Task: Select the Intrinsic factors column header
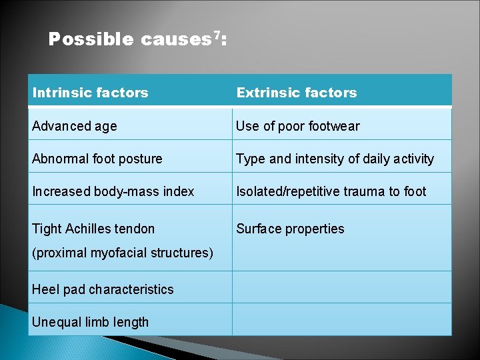tap(91, 93)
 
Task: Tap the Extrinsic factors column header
tap(297, 93)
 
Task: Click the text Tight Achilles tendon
tap(93, 229)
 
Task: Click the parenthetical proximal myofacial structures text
tap(123, 253)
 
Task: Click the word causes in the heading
tap(175, 40)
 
